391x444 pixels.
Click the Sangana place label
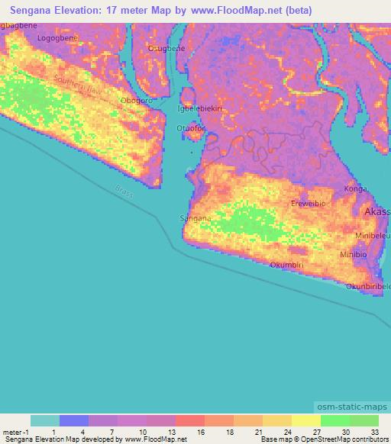coord(194,218)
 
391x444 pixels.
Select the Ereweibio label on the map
coord(310,204)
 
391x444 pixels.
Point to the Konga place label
coord(356,188)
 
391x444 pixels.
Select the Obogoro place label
coord(136,101)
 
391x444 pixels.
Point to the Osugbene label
coord(166,48)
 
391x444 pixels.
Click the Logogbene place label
coord(58,36)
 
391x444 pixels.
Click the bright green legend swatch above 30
coord(334,420)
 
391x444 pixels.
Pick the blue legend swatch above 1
coord(74,420)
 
